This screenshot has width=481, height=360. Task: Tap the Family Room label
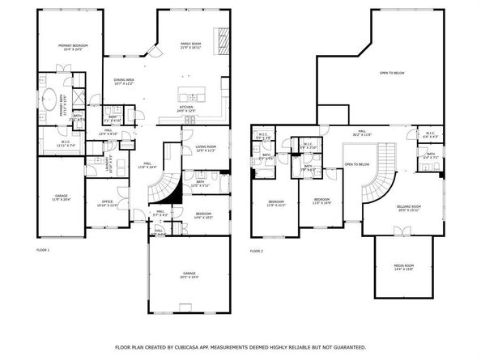pos(191,45)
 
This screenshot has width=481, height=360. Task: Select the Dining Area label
pos(124,82)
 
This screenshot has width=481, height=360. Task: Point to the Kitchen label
pos(187,108)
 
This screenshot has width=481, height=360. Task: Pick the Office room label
pos(107,203)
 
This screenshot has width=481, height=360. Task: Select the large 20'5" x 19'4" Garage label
pos(189,276)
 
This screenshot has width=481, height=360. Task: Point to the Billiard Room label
pos(408,209)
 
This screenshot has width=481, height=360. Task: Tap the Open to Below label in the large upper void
pos(392,73)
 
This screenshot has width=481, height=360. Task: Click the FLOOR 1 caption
pos(42,250)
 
